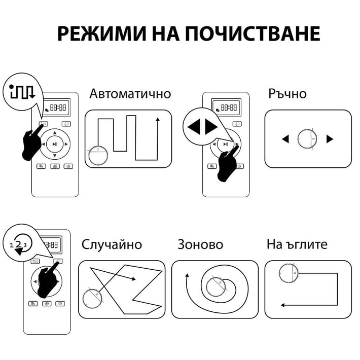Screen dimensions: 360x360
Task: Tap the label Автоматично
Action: pyautogui.click(x=130, y=94)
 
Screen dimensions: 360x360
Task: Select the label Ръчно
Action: pyautogui.click(x=287, y=94)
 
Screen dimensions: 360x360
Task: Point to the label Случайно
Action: pyautogui.click(x=112, y=244)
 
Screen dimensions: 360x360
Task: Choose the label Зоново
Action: pyautogui.click(x=200, y=244)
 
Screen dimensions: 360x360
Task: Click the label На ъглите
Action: pyautogui.click(x=297, y=244)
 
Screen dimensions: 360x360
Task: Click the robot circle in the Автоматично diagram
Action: pyautogui.click(x=98, y=155)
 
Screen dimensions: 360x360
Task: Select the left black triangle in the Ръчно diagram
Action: pyautogui.click(x=285, y=138)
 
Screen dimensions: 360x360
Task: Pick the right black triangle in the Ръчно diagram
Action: pyautogui.click(x=330, y=138)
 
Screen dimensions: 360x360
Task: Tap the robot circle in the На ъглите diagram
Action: pyautogui.click(x=289, y=273)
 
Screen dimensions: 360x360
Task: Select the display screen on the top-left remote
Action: pyautogui.click(x=56, y=107)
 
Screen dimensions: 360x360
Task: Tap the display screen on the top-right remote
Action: pyautogui.click(x=226, y=107)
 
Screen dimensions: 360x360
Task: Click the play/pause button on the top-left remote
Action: pyautogui.click(x=55, y=144)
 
